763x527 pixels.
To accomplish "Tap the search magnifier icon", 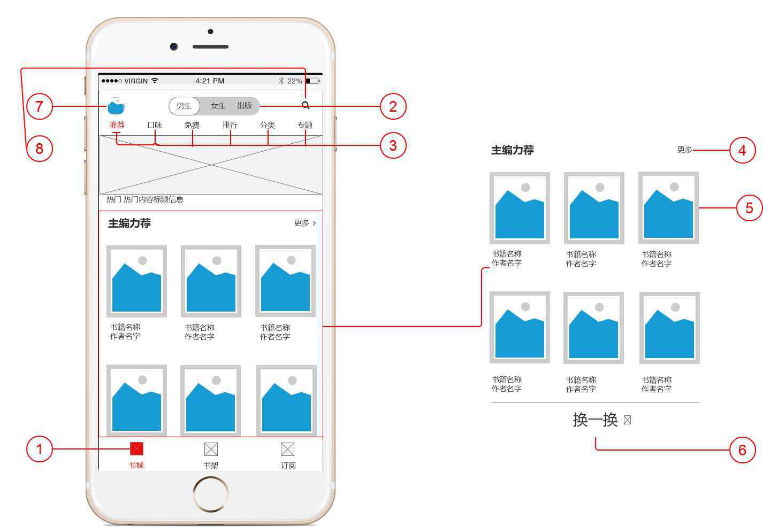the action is coord(306,105).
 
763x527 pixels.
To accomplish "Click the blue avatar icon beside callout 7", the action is coord(116,106).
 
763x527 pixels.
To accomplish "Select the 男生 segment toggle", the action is coord(184,106).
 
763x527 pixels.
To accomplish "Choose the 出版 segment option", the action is coord(245,105).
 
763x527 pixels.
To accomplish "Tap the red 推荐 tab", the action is coord(117,125).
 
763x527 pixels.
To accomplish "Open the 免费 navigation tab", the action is coord(192,125).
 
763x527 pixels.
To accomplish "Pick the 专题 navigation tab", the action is coord(305,125).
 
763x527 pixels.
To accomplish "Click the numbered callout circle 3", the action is coord(393,145).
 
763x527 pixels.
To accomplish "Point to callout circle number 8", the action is coord(40,149).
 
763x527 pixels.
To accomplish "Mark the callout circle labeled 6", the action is coord(743,450).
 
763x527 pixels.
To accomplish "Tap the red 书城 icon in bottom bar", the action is coord(136,449).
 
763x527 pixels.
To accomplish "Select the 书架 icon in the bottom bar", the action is coord(211,449).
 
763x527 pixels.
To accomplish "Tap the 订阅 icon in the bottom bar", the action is coord(287,449).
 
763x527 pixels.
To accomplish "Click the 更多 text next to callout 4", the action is coord(685,150).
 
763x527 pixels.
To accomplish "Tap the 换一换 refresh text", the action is coord(596,420).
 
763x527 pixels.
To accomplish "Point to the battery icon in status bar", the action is coord(312,81).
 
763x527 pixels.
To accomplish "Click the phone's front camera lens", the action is coord(174,46).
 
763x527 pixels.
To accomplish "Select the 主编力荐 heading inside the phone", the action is coord(129,223).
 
